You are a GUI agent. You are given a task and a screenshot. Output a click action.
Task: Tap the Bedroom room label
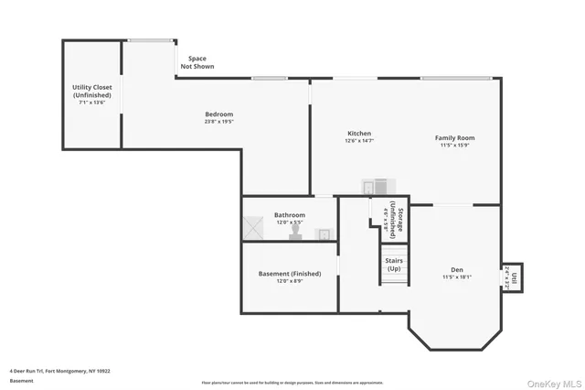click(x=218, y=114)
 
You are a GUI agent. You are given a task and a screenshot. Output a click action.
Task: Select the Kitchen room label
click(x=358, y=134)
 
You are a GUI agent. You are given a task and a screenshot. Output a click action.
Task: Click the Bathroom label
click(x=290, y=215)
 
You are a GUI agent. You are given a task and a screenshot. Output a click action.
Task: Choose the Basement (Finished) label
click(x=290, y=275)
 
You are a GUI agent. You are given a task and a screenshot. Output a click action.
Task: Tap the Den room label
click(x=456, y=270)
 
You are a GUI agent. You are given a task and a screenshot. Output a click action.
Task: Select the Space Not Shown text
click(x=197, y=62)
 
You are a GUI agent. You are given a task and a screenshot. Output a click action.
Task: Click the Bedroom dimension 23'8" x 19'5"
click(x=218, y=121)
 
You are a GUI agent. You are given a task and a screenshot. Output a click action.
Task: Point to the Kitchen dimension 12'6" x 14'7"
click(x=358, y=141)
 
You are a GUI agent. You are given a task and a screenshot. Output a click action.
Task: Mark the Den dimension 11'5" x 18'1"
click(x=456, y=276)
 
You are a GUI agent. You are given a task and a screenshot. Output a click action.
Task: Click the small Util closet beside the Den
click(x=514, y=276)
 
